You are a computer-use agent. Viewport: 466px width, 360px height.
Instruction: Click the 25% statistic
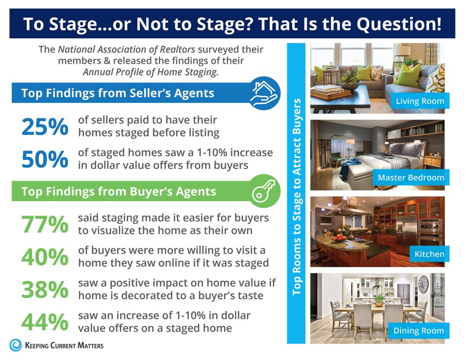click(x=45, y=126)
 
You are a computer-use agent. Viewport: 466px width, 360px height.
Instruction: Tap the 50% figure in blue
click(x=45, y=159)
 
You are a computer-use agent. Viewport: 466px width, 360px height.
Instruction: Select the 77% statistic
click(x=45, y=224)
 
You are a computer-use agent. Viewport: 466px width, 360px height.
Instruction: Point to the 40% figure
click(x=45, y=257)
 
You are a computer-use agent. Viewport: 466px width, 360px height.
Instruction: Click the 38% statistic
click(x=45, y=290)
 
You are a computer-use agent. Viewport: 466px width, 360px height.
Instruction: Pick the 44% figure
click(x=45, y=322)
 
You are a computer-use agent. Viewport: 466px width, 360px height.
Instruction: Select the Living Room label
click(x=419, y=101)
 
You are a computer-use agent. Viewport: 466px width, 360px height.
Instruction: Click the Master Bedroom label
click(x=411, y=177)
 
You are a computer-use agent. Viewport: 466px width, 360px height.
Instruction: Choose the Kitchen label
click(x=429, y=254)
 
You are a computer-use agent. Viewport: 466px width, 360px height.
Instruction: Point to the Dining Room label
click(x=418, y=330)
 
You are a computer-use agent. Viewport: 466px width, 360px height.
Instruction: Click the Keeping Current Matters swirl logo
click(x=16, y=345)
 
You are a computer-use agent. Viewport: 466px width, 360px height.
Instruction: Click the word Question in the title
click(x=395, y=23)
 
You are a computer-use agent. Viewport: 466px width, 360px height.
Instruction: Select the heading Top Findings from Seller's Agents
click(x=117, y=93)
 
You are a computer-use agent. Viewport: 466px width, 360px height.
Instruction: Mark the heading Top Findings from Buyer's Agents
click(x=118, y=191)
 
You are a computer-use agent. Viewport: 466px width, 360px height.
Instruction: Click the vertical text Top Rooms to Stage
click(x=297, y=196)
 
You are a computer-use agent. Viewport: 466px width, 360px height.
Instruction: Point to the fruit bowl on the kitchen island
click(x=341, y=238)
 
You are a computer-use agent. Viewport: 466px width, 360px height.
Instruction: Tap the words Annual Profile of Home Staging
click(x=150, y=71)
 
